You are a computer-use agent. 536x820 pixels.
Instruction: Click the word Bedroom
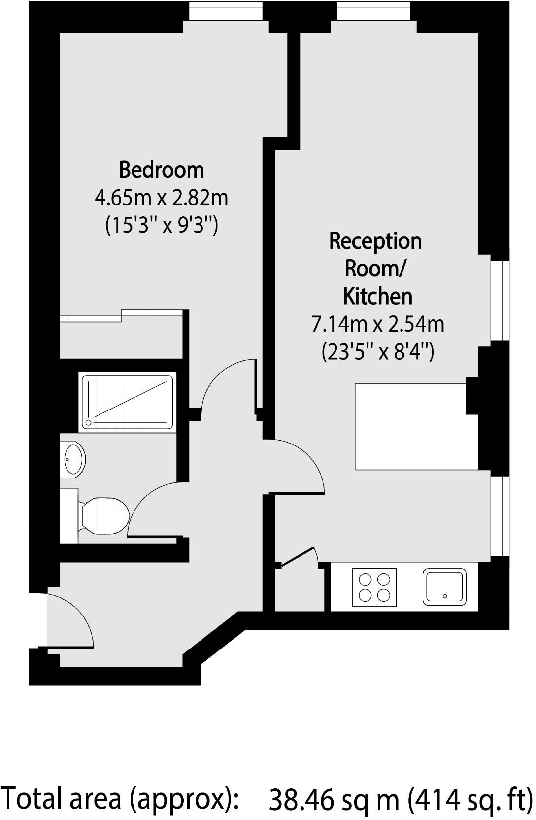coord(161,170)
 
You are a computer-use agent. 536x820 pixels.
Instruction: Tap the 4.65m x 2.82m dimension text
coord(161,198)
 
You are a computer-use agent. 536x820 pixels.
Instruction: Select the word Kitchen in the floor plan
coord(377,296)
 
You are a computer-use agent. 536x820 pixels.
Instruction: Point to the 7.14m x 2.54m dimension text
coord(377,324)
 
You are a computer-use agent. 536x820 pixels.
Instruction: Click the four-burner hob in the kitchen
coord(374,587)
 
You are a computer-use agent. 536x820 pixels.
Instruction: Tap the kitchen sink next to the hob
coord(444,587)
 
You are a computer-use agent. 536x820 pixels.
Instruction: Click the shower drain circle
coord(89,422)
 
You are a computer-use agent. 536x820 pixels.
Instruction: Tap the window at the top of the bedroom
coord(226,12)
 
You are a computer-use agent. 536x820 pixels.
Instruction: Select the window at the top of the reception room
coord(373,12)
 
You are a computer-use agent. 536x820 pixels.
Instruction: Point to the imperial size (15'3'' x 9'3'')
coord(161,226)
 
